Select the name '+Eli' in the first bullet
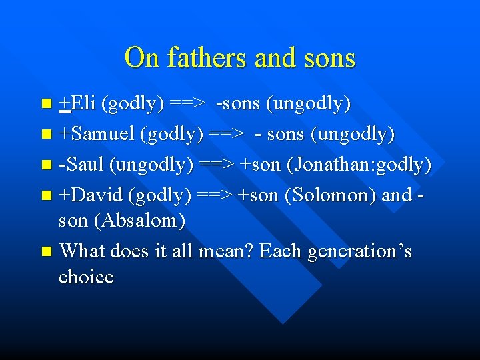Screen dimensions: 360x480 point(77,103)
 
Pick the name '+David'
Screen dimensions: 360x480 point(91,195)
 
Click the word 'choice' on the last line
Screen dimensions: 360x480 point(86,276)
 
